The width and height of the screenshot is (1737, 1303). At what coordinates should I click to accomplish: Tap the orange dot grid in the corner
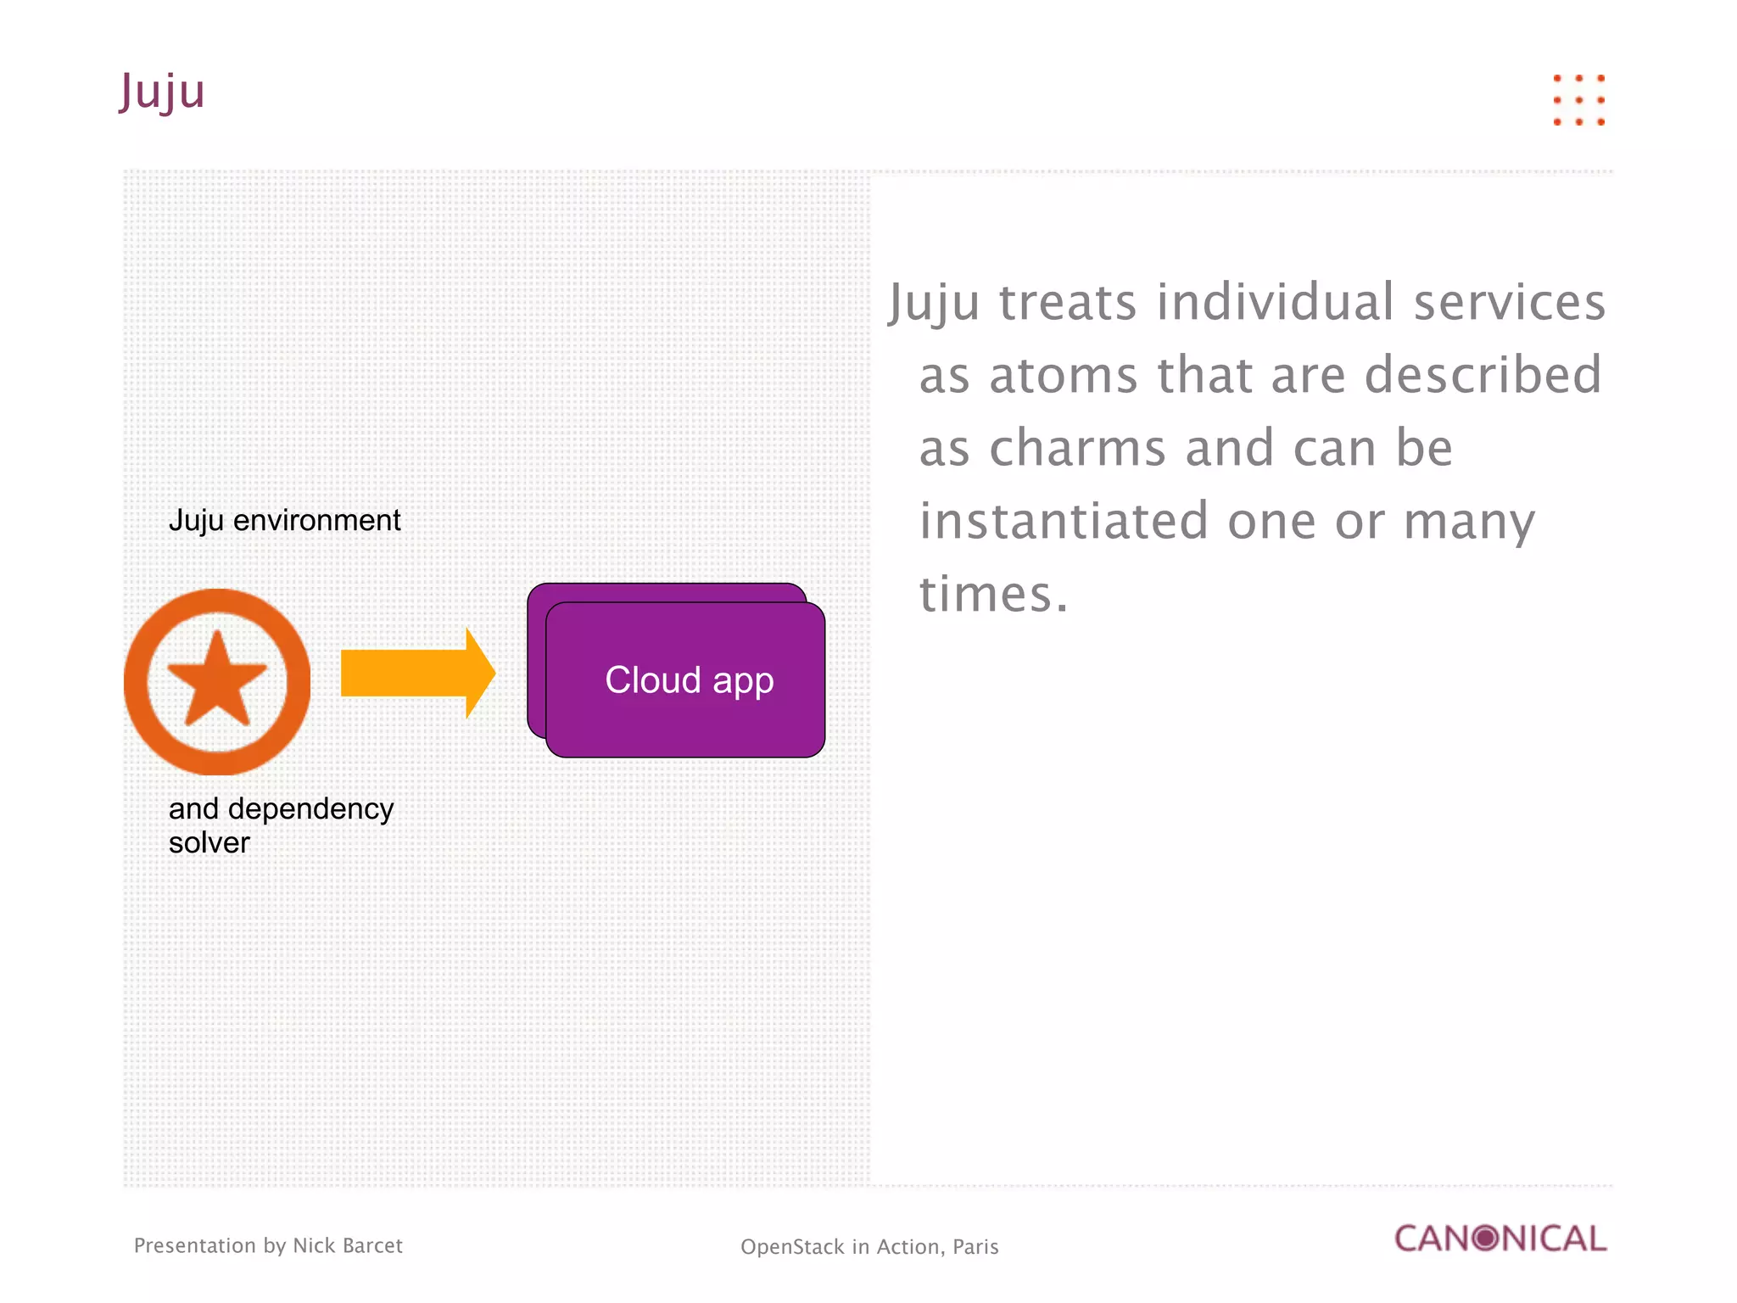coord(1578,100)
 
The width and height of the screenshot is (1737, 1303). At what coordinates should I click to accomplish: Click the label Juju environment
coord(284,520)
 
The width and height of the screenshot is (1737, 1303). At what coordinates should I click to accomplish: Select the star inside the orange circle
coord(218,679)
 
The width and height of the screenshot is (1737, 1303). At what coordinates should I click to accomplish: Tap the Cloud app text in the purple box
coord(689,680)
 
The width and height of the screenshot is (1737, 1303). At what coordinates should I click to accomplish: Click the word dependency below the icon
coord(310,809)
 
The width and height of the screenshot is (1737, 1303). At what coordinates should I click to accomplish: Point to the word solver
coord(209,843)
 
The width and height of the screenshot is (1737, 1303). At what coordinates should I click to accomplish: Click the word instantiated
coord(1064,521)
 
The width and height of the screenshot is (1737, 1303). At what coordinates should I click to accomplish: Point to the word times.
coord(993,594)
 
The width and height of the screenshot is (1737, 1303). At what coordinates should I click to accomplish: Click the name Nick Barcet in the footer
coord(347,1245)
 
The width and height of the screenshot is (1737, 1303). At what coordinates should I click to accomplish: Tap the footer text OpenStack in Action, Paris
coord(869,1247)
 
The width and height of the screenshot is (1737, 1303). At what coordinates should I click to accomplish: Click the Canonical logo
coord(1500,1239)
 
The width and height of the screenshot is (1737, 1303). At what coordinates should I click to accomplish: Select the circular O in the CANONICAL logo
coord(1486,1239)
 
